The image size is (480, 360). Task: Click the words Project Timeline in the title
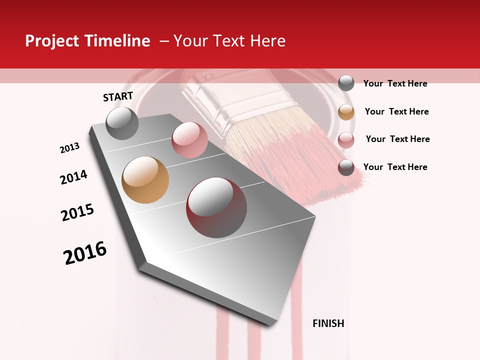87,41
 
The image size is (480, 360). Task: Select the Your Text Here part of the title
229,41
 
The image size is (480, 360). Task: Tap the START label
118,96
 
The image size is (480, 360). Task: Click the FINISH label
328,323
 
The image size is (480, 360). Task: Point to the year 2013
70,148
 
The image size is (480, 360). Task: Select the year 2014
73,177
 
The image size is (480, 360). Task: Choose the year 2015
77,212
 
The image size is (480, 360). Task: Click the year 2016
85,253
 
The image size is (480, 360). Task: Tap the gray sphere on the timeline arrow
122,123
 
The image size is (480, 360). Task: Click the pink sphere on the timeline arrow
189,140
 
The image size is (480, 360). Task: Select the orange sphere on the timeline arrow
145,180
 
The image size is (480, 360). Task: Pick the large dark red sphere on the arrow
216,207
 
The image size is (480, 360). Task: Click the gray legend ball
346,83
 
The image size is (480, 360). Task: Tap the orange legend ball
346,112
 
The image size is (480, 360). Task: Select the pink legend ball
346,140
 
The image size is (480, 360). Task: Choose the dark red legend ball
346,167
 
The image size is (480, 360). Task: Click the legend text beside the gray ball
395,83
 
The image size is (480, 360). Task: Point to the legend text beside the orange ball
396,111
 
